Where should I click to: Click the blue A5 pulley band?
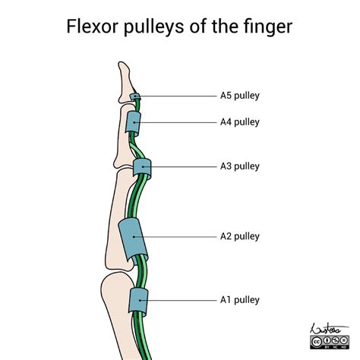[134, 96]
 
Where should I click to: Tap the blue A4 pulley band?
[133, 123]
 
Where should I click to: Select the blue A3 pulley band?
[142, 167]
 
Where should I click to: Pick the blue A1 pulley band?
[138, 302]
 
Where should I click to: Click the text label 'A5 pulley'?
[240, 96]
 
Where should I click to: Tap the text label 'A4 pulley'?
[240, 122]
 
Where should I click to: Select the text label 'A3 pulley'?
[240, 166]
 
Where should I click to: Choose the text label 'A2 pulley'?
[240, 237]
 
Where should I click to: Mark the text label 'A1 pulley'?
[240, 300]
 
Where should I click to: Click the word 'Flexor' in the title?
[93, 26]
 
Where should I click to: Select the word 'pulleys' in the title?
[153, 27]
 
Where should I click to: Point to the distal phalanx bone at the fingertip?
[125, 84]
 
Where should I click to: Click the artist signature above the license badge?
[328, 329]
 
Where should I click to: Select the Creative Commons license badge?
[330, 343]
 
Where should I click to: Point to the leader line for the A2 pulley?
[175, 237]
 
